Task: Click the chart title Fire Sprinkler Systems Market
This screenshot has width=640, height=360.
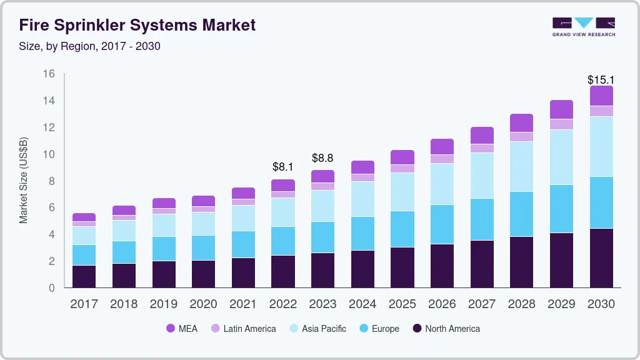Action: [x=137, y=26]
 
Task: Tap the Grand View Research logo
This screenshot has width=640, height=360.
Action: [x=583, y=27]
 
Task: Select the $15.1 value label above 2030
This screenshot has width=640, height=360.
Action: [x=601, y=80]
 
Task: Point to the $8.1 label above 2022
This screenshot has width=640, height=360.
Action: [x=283, y=167]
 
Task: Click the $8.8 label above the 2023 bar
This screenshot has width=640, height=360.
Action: [x=322, y=158]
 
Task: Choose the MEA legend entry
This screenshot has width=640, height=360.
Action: [x=182, y=328]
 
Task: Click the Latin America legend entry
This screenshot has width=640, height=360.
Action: [x=243, y=328]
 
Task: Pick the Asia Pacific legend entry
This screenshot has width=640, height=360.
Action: [x=317, y=328]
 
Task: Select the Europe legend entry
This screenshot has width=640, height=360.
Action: [x=378, y=328]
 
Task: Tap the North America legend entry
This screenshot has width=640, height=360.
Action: [x=446, y=328]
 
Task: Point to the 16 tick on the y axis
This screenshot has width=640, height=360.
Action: [x=49, y=74]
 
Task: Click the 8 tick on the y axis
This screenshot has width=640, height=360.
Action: [x=52, y=181]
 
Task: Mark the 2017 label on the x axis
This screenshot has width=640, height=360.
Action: [x=84, y=304]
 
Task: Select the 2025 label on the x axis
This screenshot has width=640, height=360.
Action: [x=402, y=304]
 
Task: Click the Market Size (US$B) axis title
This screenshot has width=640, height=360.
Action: [x=24, y=181]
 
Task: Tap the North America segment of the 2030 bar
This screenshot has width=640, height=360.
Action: [x=601, y=257]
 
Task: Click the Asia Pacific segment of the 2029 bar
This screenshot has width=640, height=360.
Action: [x=561, y=157]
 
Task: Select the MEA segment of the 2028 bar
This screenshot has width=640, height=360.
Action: [x=521, y=122]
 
